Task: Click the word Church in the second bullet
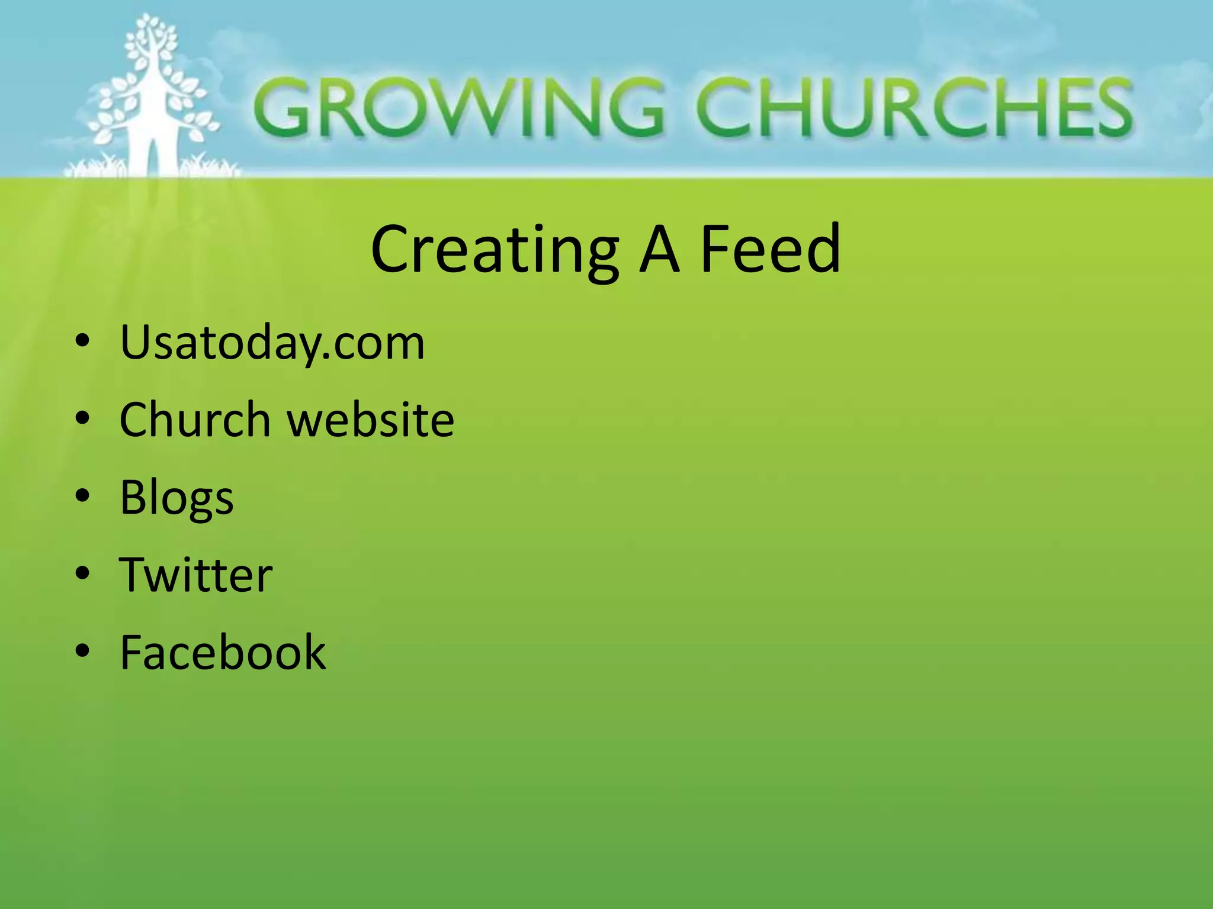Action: (195, 419)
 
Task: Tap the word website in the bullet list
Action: (371, 419)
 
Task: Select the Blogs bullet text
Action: (177, 497)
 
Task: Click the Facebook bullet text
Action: (223, 652)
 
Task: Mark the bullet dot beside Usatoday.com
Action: (83, 341)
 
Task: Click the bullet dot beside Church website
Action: (83, 419)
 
